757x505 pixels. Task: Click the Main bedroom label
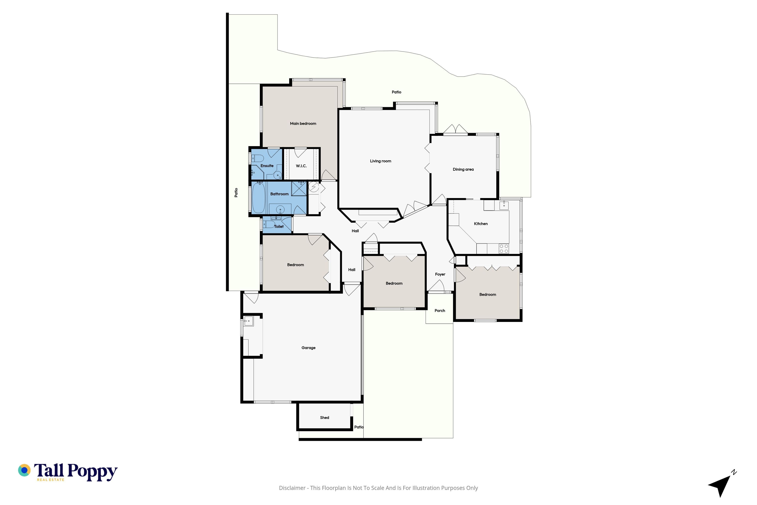pyautogui.click(x=303, y=123)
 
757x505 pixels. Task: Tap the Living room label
pyautogui.click(x=380, y=161)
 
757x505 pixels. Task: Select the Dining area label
pyautogui.click(x=463, y=169)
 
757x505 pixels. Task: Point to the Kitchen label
pyautogui.click(x=481, y=224)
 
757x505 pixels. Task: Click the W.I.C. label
pyautogui.click(x=301, y=166)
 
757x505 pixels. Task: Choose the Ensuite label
pyautogui.click(x=267, y=166)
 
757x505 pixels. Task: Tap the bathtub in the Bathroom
pyautogui.click(x=258, y=198)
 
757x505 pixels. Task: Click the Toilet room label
pyautogui.click(x=279, y=226)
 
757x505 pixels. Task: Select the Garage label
pyautogui.click(x=308, y=348)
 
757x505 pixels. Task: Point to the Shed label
pyautogui.click(x=324, y=417)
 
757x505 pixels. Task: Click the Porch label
pyautogui.click(x=440, y=310)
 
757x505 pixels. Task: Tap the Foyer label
pyautogui.click(x=440, y=274)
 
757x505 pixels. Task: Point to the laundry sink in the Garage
pyautogui.click(x=248, y=321)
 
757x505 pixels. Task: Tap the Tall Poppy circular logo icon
pyautogui.click(x=24, y=470)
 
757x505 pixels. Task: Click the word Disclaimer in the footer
pyautogui.click(x=292, y=488)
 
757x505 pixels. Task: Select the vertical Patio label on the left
pyautogui.click(x=236, y=193)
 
